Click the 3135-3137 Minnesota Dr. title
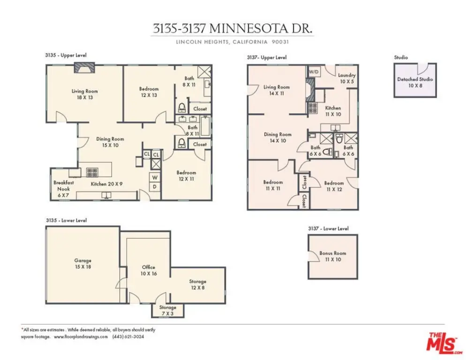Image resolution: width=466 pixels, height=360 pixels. click(x=233, y=29)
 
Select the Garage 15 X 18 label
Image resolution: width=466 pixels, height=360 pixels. click(x=83, y=264)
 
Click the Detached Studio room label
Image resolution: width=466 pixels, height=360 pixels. click(x=415, y=82)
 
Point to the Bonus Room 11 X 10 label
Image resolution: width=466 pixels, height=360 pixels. click(x=333, y=256)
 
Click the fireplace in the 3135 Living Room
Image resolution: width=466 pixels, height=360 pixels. click(x=84, y=67)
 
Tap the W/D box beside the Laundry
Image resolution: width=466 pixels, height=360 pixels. click(x=314, y=72)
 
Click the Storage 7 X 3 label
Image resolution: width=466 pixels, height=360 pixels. click(x=168, y=310)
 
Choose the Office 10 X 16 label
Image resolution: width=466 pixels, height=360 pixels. click(x=149, y=270)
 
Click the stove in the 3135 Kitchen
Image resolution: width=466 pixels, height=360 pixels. click(x=92, y=172)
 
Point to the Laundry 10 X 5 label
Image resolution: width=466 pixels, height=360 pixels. click(x=347, y=78)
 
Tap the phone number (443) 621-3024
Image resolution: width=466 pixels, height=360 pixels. click(x=128, y=337)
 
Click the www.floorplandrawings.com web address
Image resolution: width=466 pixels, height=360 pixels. click(x=81, y=337)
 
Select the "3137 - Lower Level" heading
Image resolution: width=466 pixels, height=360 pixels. click(x=328, y=228)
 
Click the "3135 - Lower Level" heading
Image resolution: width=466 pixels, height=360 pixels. click(x=66, y=220)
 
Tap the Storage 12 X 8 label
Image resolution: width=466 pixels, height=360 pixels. click(x=198, y=285)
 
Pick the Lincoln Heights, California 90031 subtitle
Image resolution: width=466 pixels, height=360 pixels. click(x=233, y=42)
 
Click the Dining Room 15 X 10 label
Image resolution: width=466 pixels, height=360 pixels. click(x=110, y=142)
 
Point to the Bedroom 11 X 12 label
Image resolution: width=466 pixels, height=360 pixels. click(x=334, y=186)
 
